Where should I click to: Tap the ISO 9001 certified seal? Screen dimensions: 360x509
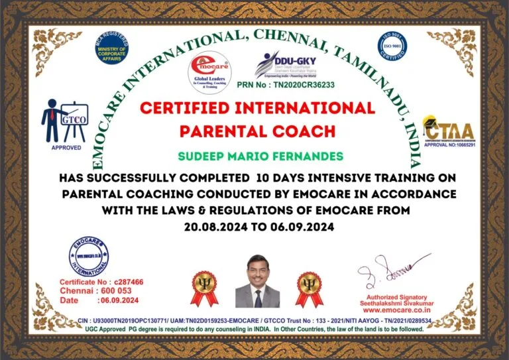[x=392, y=45]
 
